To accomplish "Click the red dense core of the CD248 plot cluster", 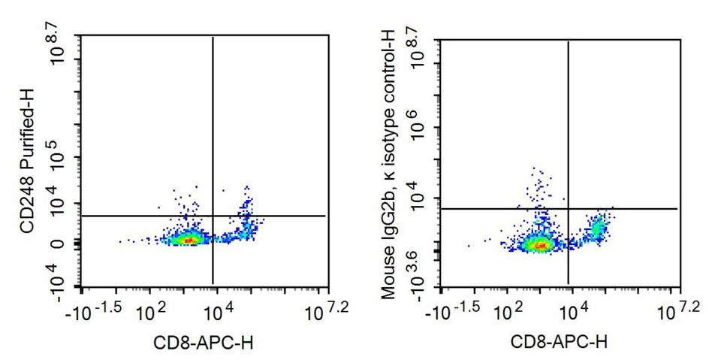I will tap(190, 240).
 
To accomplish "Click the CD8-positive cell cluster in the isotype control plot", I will tap(598, 227).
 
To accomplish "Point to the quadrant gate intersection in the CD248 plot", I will tap(213, 216).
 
